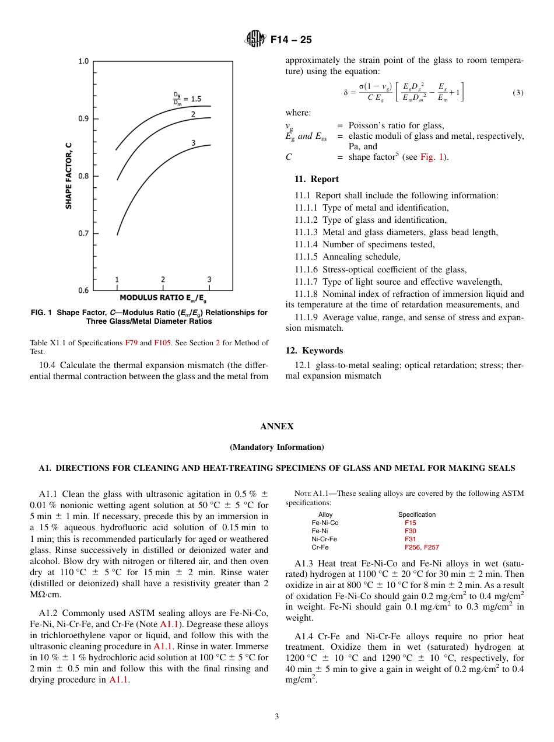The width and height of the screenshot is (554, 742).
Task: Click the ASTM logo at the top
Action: click(255, 39)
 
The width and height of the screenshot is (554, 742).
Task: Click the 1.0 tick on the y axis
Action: click(83, 61)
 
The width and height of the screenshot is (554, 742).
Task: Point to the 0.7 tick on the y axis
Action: click(83, 233)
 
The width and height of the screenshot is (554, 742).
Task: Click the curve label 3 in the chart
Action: click(193, 143)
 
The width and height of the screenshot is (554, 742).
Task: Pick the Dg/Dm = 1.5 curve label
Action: click(187, 98)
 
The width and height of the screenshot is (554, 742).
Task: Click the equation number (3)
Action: click(518, 93)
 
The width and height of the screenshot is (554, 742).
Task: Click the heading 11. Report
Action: click(316, 179)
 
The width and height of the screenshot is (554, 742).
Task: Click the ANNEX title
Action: click(276, 426)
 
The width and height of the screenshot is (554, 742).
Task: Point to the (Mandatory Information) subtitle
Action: click(276, 447)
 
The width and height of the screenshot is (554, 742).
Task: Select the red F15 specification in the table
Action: click(411, 523)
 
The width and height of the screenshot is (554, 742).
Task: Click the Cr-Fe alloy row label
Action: click(320, 547)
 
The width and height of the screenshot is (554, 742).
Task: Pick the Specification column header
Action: click(416, 514)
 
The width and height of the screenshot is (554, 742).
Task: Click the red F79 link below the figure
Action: click(131, 342)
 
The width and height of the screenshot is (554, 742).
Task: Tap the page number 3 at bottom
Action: click(276, 716)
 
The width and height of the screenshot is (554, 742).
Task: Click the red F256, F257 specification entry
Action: click(422, 547)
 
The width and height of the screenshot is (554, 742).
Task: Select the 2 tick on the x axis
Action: click(163, 280)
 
